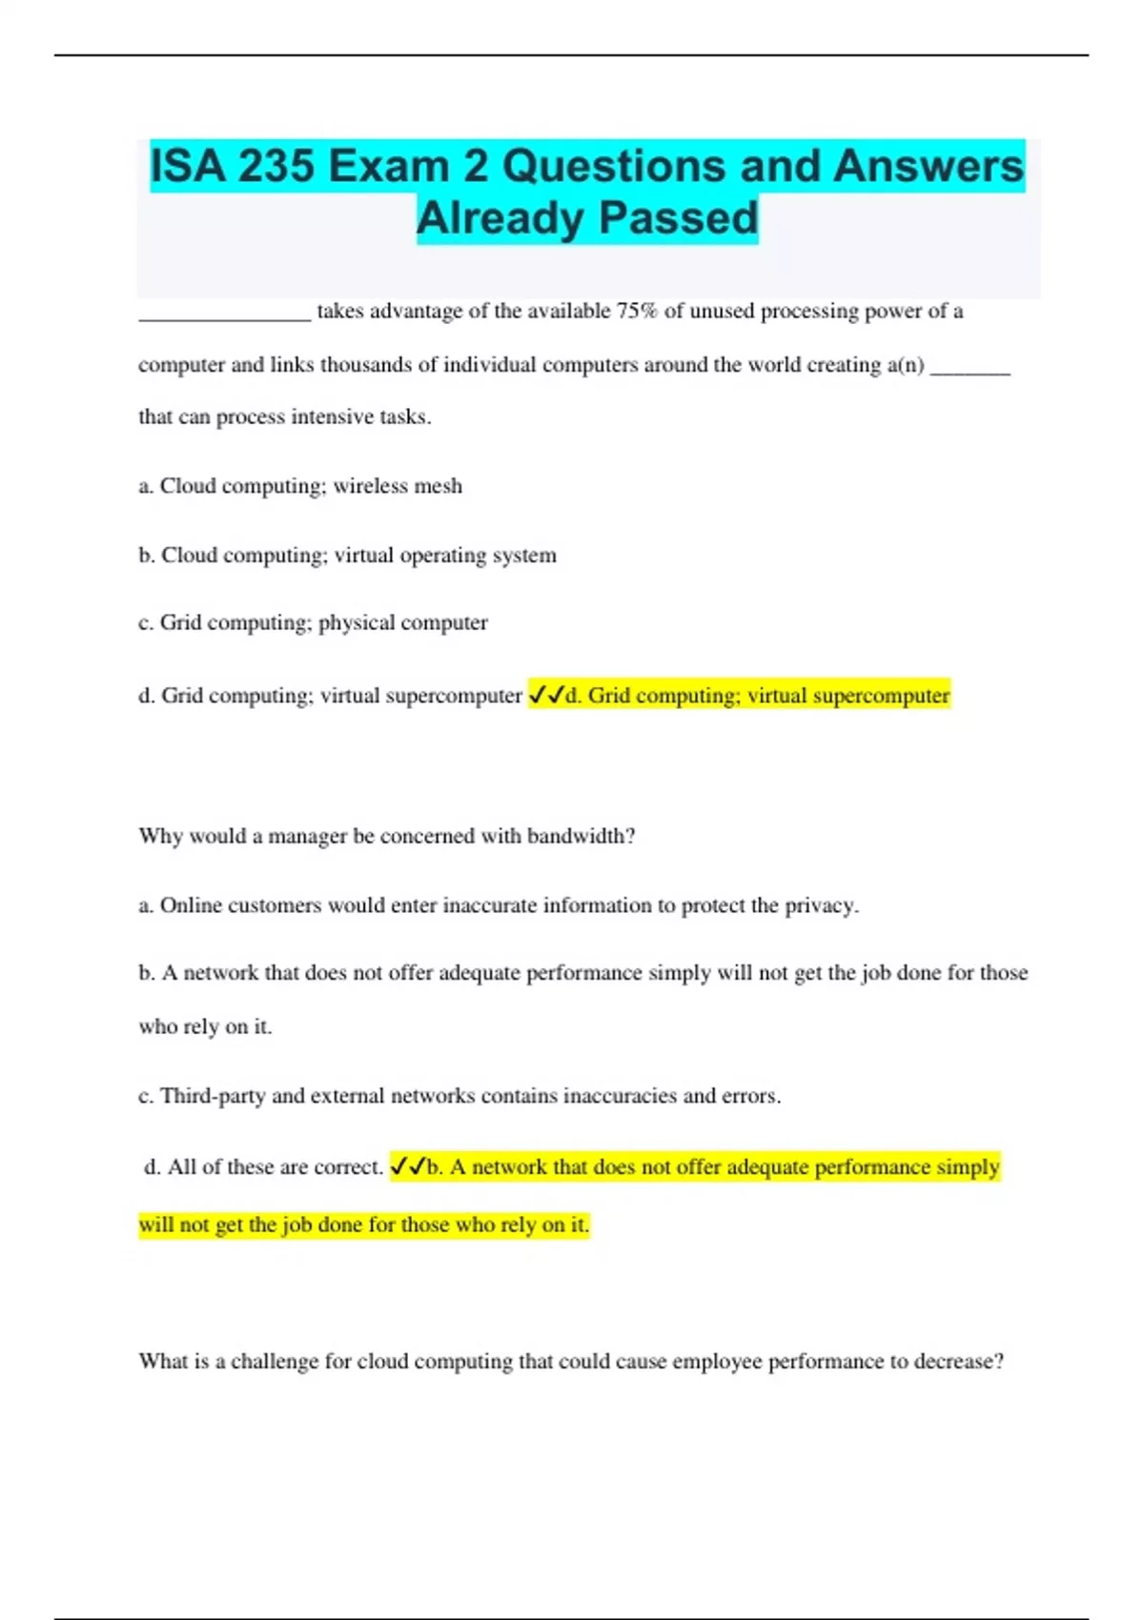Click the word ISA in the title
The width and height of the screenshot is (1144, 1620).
pyautogui.click(x=188, y=167)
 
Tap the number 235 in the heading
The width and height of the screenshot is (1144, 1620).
pyautogui.click(x=276, y=167)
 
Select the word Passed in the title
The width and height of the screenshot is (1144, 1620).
pyautogui.click(x=679, y=218)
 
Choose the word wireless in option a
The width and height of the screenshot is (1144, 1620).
pyautogui.click(x=370, y=486)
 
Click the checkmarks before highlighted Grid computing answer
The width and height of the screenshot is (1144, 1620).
pyautogui.click(x=546, y=696)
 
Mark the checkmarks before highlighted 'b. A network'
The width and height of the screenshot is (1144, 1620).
pyautogui.click(x=408, y=1166)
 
